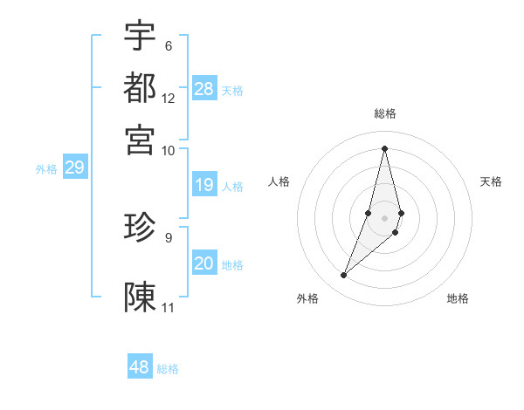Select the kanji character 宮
pos(140,139)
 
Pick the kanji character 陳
pos(140,297)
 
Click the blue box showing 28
pos(204,89)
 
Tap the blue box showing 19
pos(204,185)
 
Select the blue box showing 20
pos(204,264)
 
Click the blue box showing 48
pos(140,367)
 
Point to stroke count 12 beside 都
pos(169,99)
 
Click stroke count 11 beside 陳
pos(169,308)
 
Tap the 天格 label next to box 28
pos(232,91)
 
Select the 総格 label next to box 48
pos(168,369)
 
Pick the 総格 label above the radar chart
pos(385,113)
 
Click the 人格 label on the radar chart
pos(279,181)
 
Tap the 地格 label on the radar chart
pos(458,298)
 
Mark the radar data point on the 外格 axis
pos(344,276)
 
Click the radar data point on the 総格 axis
pos(385,147)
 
